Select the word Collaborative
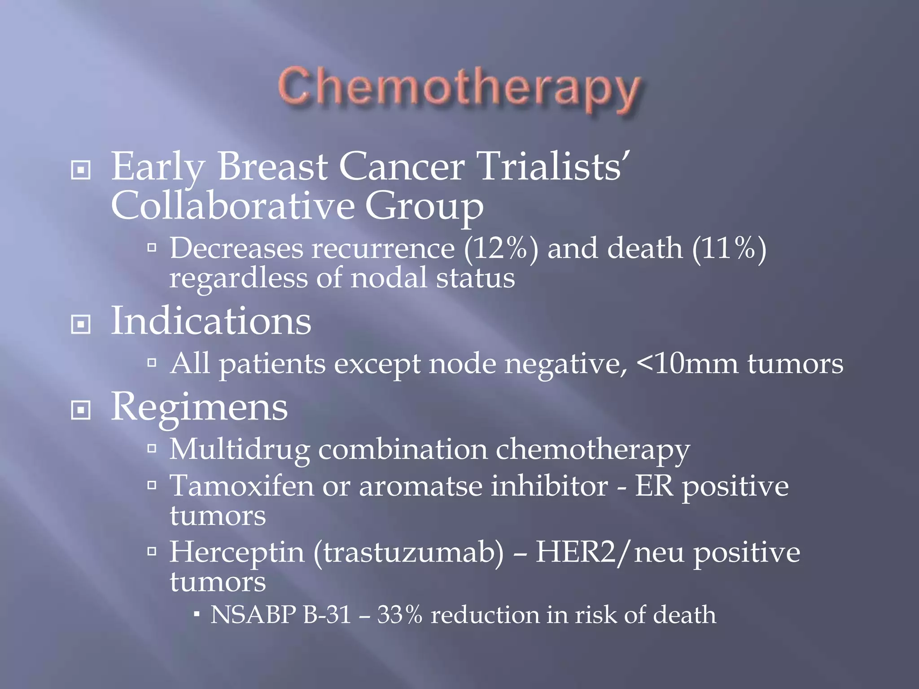(x=233, y=206)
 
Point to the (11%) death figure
(x=729, y=248)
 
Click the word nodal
(x=389, y=278)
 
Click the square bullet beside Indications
(x=81, y=324)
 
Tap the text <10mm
(x=687, y=363)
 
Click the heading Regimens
(x=199, y=407)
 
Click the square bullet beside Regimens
(x=81, y=410)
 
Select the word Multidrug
(x=240, y=450)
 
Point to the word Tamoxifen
(x=241, y=486)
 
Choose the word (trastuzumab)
(x=408, y=552)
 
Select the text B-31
(x=327, y=615)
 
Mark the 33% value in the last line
(x=399, y=615)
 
